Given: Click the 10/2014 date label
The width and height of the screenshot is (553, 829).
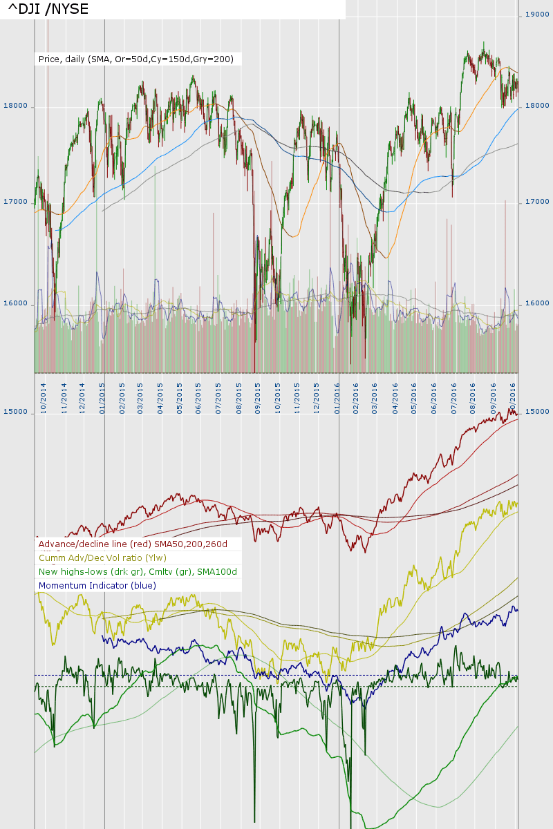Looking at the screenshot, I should [x=44, y=397].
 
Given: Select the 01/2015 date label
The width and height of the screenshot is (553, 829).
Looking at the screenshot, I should [x=102, y=397].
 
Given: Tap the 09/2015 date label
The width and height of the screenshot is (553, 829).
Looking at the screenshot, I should [x=257, y=397].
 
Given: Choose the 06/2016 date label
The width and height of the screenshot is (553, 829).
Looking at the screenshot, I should [x=435, y=397].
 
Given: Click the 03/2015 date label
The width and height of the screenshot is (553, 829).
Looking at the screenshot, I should [x=140, y=397].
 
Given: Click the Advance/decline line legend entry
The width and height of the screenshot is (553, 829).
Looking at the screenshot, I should [x=133, y=544].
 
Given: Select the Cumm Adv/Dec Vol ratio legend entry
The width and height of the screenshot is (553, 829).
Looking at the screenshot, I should [x=102, y=558].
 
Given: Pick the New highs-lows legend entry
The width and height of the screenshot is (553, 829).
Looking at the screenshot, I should [x=138, y=572].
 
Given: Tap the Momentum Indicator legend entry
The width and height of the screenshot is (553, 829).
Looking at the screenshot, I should [x=97, y=586].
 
